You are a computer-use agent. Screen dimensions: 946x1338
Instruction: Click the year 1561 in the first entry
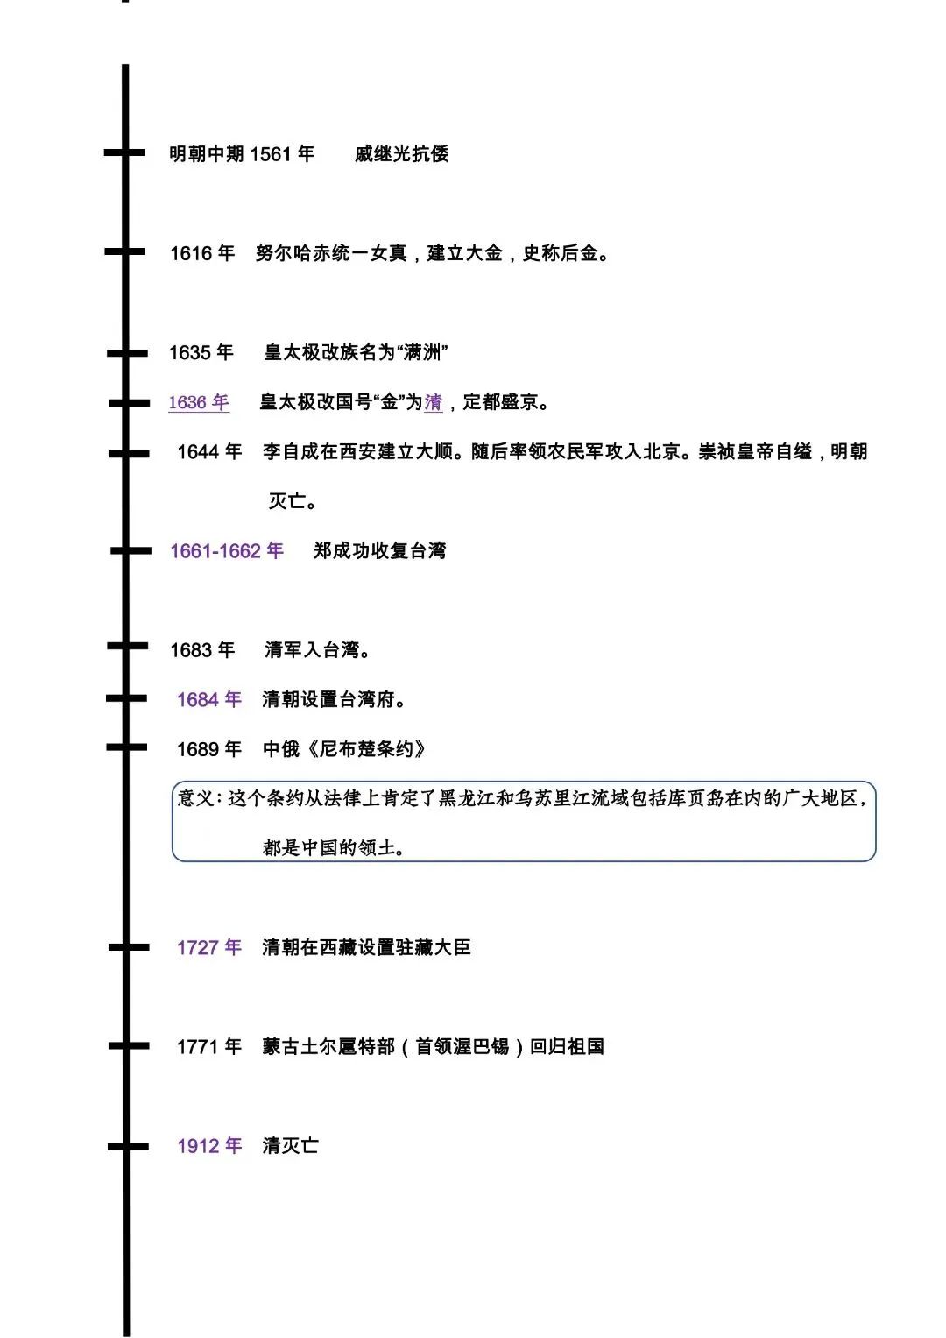pyautogui.click(x=270, y=154)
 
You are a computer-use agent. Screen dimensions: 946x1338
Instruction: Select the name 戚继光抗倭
pyautogui.click(x=402, y=154)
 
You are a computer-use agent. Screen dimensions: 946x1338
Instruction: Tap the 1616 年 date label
pyautogui.click(x=202, y=253)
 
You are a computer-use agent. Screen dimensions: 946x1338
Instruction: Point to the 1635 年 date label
pyautogui.click(x=201, y=352)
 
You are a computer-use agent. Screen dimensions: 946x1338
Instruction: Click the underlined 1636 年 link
pyautogui.click(x=199, y=402)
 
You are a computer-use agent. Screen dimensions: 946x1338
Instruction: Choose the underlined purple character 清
pyautogui.click(x=434, y=402)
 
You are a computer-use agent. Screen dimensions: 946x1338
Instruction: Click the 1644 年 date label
pyautogui.click(x=209, y=452)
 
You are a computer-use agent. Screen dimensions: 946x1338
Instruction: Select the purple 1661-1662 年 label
pyautogui.click(x=227, y=551)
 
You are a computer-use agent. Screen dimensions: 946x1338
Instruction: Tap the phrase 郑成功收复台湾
pyautogui.click(x=380, y=551)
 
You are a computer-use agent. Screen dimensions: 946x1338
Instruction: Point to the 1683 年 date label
pyautogui.click(x=202, y=650)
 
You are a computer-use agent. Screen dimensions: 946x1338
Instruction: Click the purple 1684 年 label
pyautogui.click(x=209, y=699)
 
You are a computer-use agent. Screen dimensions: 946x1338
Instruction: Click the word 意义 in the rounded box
pyautogui.click(x=196, y=798)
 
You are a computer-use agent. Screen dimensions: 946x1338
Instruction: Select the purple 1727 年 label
pyautogui.click(x=209, y=947)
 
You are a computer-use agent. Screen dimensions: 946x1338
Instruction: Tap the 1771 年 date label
pyautogui.click(x=209, y=1046)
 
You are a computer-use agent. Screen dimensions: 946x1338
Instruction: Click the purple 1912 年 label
pyautogui.click(x=209, y=1146)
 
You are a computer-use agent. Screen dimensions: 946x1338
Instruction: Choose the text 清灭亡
pyautogui.click(x=290, y=1146)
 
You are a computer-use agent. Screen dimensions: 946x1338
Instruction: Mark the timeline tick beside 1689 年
pyautogui.click(x=127, y=747)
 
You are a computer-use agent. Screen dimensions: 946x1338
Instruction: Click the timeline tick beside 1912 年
pyautogui.click(x=127, y=1146)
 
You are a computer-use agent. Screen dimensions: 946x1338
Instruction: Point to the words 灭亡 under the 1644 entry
pyautogui.click(x=289, y=501)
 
